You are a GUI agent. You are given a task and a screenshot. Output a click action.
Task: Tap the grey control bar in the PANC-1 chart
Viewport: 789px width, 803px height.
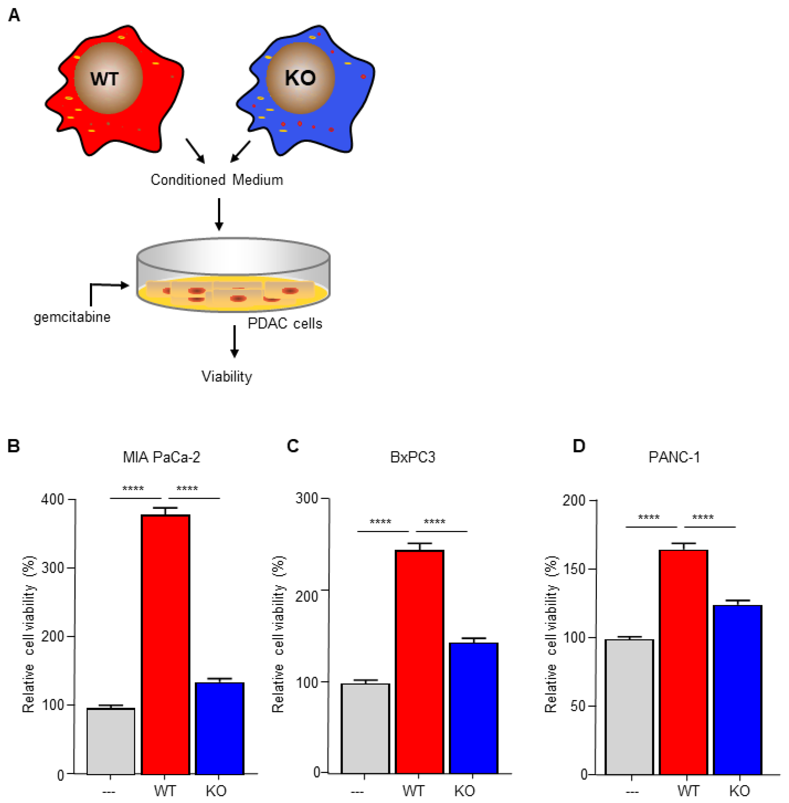tap(629, 706)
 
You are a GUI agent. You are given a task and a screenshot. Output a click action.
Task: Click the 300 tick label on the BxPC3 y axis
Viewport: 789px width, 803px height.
tap(307, 498)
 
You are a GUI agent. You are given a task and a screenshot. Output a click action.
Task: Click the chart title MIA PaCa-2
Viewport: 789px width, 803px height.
tap(162, 457)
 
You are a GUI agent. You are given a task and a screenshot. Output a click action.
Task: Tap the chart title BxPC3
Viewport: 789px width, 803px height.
tap(413, 457)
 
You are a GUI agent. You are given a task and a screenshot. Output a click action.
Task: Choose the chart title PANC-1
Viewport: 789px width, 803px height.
tap(674, 457)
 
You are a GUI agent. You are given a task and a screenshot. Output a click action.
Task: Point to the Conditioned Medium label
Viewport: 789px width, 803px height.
tap(217, 180)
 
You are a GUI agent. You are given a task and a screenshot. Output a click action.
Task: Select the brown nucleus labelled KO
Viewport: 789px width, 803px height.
tap(300, 78)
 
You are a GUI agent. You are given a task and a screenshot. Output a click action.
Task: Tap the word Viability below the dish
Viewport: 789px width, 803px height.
tap(227, 377)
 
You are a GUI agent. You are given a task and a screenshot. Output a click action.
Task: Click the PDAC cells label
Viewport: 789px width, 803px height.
tap(285, 323)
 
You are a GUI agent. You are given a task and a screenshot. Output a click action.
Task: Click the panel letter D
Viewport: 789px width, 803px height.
tap(578, 446)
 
